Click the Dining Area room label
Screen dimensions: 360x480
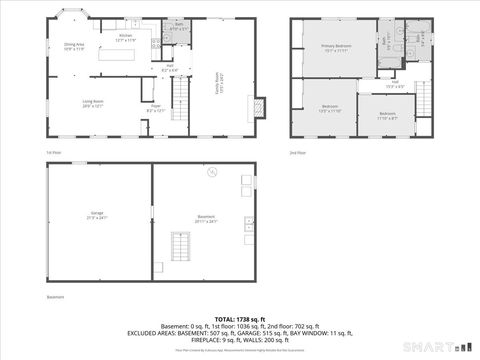pyautogui.click(x=74, y=46)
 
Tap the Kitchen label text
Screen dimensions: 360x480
pyautogui.click(x=125, y=37)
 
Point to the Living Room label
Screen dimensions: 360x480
pyautogui.click(x=94, y=102)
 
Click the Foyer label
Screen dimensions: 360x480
pyautogui.click(x=156, y=108)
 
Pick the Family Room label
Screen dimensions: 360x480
pyautogui.click(x=216, y=78)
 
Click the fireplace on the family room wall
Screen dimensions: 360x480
pyautogui.click(x=260, y=107)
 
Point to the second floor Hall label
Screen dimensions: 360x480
pyautogui.click(x=395, y=84)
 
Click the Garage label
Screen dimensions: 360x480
pyautogui.click(x=98, y=215)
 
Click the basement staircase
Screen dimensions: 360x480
pyautogui.click(x=180, y=245)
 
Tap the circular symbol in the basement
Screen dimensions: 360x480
pyautogui.click(x=211, y=173)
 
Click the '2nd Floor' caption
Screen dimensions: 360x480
pyautogui.click(x=296, y=152)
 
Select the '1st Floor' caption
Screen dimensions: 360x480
pyautogui.click(x=52, y=152)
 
